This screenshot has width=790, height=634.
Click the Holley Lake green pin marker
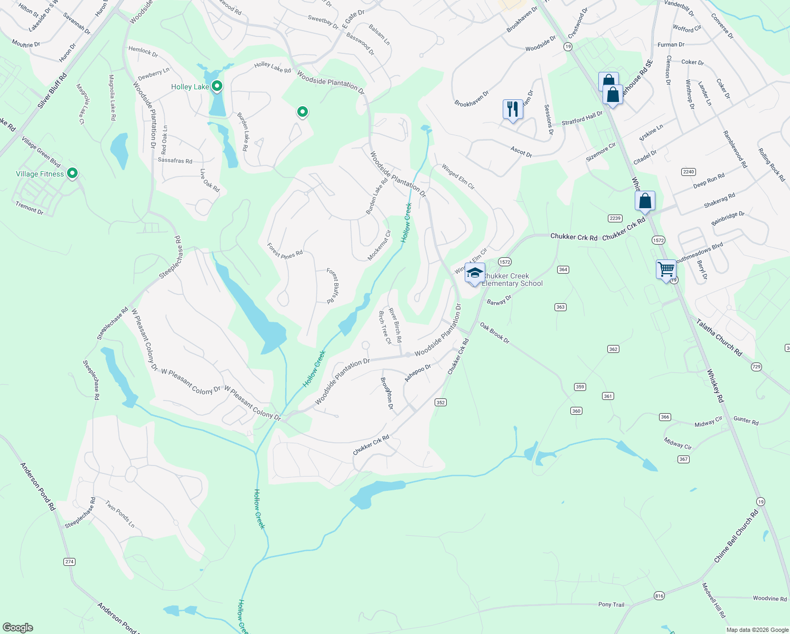tap(217, 86)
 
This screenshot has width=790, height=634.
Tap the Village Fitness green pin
tap(73, 173)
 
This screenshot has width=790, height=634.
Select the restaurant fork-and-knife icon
tap(513, 109)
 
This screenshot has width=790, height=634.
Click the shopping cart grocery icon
tap(666, 269)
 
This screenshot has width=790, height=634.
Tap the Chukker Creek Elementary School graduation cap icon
tap(475, 273)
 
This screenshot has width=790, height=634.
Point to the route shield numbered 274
tap(69, 562)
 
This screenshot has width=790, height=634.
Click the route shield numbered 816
tap(659, 595)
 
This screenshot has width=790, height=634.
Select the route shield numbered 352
tap(441, 402)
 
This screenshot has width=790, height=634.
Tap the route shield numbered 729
tap(756, 367)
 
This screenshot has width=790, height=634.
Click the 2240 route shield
tap(689, 172)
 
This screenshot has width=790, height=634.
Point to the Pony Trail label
tap(611, 604)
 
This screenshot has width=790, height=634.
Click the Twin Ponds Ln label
tap(120, 514)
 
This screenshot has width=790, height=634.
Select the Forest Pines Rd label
tap(285, 251)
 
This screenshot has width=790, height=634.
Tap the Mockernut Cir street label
tap(379, 245)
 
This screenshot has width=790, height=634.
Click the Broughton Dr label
tap(387, 393)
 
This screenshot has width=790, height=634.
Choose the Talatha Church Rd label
tap(719, 337)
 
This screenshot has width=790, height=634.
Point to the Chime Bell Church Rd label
tap(736, 536)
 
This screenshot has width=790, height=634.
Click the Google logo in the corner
tap(17, 627)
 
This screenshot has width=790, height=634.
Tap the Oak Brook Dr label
tap(495, 333)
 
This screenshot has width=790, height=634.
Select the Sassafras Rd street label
tap(175, 160)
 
